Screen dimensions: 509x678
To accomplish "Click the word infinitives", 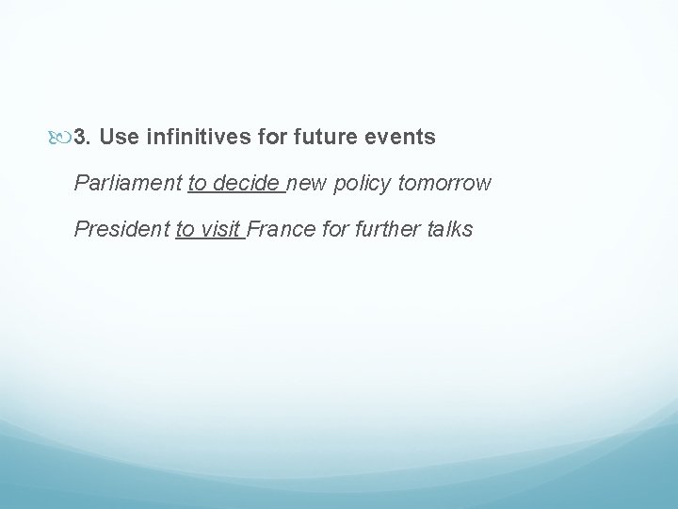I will click(x=194, y=138).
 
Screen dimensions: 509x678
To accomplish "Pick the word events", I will click(x=399, y=138).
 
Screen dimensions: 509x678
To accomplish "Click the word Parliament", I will click(x=128, y=183).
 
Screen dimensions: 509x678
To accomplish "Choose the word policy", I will click(x=359, y=183).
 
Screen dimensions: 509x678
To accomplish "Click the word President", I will click(x=121, y=228).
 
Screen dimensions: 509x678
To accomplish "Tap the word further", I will click(x=387, y=228).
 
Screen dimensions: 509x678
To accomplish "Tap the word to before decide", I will click(x=198, y=183).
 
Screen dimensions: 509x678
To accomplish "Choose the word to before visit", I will click(x=186, y=228).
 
